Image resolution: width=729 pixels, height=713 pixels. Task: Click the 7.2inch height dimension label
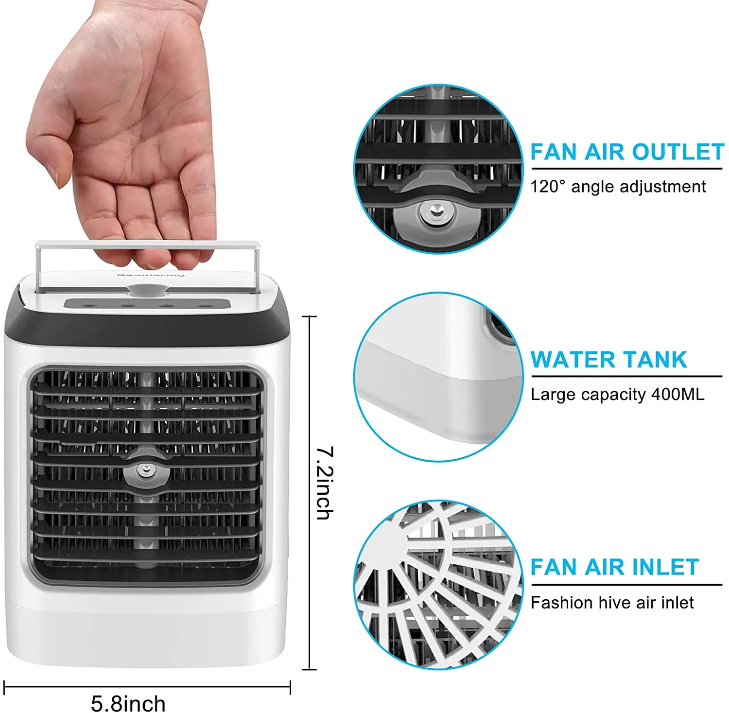coord(325,483)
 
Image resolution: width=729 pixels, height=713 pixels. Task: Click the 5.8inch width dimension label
coord(128,703)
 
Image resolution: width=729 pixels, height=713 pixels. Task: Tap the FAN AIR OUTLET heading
coord(627,152)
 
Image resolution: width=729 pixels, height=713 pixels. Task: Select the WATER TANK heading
coord(608,360)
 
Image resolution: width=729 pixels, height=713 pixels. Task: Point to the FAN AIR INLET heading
coord(614,567)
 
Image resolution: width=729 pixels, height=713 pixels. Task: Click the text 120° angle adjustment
coord(618,187)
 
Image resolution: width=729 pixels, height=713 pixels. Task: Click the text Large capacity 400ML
coord(617,394)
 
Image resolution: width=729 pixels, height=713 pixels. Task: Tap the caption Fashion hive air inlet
coord(612,603)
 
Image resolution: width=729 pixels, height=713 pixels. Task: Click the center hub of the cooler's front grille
coord(145,470)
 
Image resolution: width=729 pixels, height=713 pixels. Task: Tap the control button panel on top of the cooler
coord(147,304)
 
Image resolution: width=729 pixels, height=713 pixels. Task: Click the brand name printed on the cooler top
coord(151,275)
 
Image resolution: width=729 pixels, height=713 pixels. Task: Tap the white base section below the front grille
coord(146,632)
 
